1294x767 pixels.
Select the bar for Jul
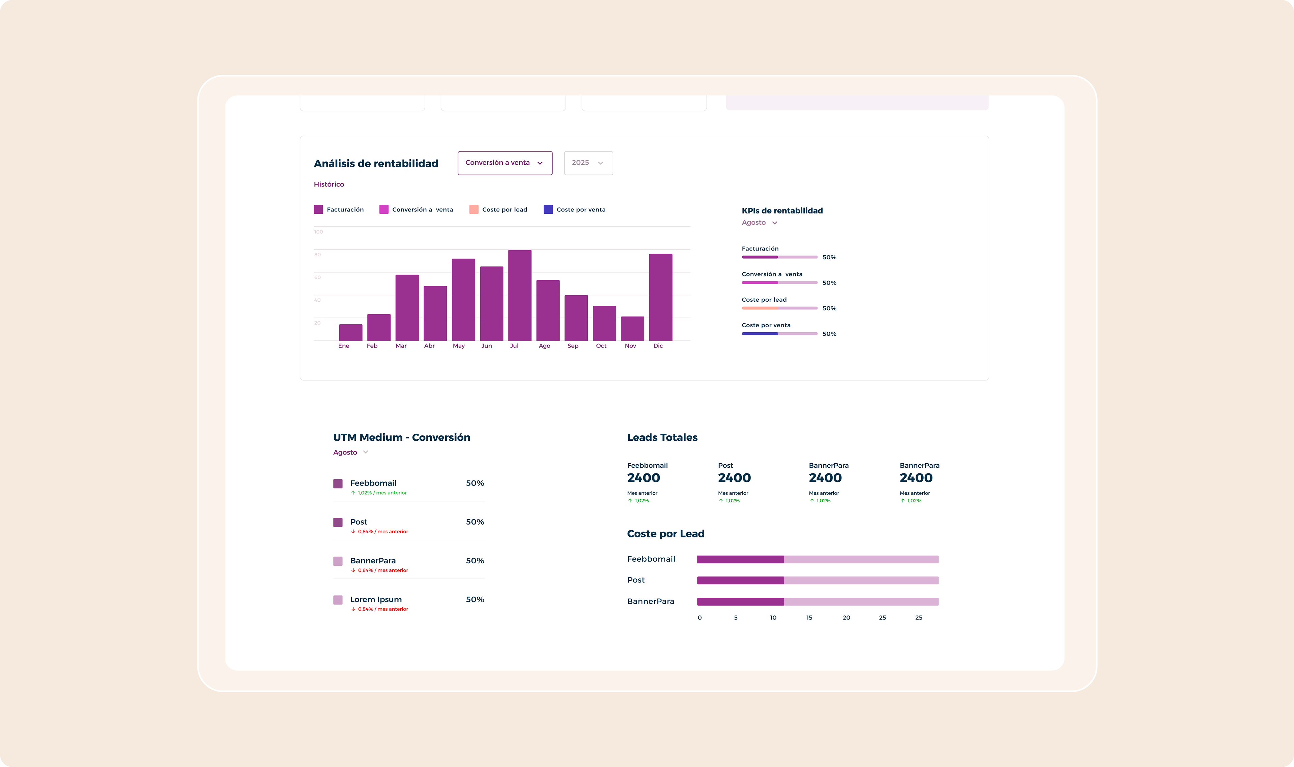click(x=520, y=295)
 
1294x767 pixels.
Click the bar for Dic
click(x=660, y=297)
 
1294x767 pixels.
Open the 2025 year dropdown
click(x=588, y=163)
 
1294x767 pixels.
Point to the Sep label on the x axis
click(x=573, y=346)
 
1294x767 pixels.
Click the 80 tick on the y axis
click(x=317, y=254)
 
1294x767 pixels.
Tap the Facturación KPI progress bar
click(x=779, y=257)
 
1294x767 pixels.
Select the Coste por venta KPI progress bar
click(x=779, y=333)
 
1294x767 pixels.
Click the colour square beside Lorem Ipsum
click(x=338, y=600)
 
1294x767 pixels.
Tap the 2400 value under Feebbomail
click(x=643, y=478)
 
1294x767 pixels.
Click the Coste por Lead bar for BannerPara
click(x=817, y=602)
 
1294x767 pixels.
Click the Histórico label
click(x=329, y=185)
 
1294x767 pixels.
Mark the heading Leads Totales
click(x=662, y=437)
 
